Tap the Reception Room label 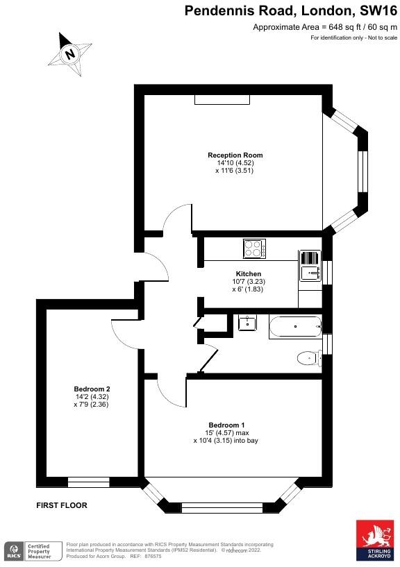tap(235, 155)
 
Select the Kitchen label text tap(248, 274)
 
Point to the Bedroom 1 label tap(226, 425)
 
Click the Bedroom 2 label tap(92, 389)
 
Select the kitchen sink tap(309, 265)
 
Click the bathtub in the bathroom tap(295, 325)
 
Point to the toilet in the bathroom tap(308, 358)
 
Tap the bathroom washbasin tap(247, 322)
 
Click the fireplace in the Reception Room tap(221, 100)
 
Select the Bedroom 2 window tap(88, 482)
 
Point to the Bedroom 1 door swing tap(171, 393)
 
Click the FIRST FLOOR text tap(62, 506)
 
